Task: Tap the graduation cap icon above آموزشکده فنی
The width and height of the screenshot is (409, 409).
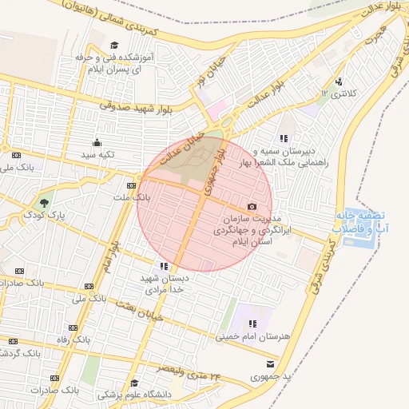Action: click(114, 46)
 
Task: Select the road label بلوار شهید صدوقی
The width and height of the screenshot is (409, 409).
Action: click(136, 105)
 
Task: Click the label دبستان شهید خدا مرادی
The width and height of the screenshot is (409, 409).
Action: click(165, 284)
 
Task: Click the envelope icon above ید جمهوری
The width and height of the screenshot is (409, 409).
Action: click(280, 364)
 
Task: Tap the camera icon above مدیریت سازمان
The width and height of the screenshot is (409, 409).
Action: click(252, 207)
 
